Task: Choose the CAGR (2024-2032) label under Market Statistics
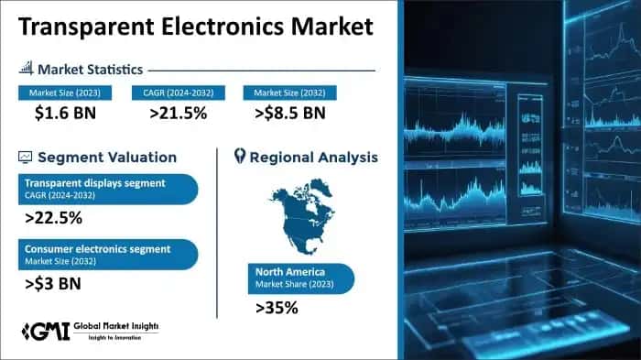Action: click(174, 93)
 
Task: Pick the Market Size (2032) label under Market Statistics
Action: click(289, 93)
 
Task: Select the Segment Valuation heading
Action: click(99, 157)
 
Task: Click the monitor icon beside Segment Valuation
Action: click(25, 157)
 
